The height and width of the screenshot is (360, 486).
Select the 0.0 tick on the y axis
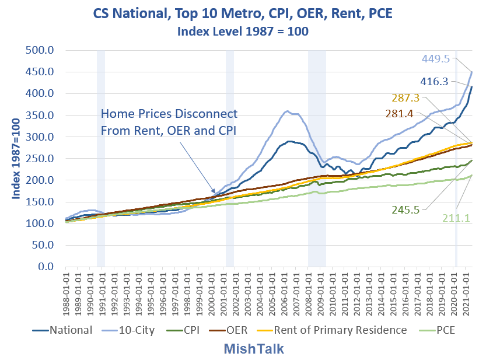[46, 267]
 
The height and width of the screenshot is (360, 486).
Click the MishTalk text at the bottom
[255, 349]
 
